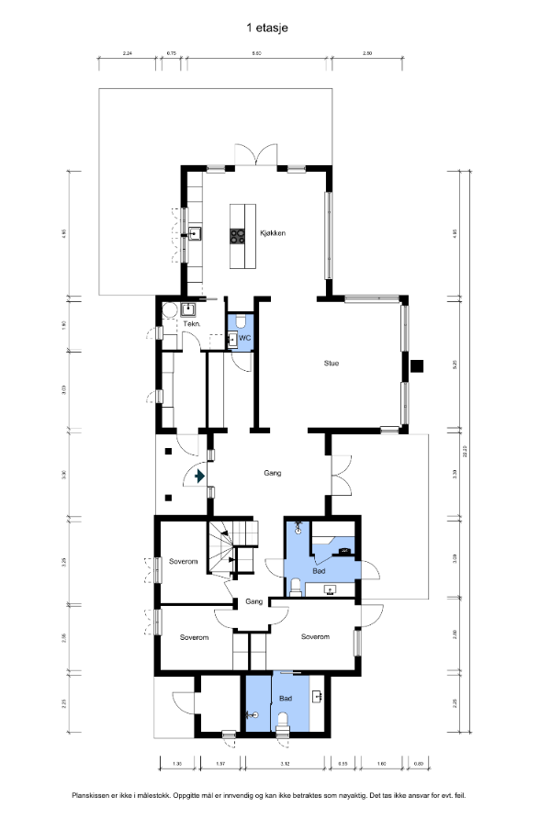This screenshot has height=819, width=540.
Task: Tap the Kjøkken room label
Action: coord(273,233)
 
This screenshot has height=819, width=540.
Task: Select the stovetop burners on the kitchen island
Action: coord(238,235)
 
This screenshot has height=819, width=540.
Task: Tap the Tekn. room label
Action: coord(191,324)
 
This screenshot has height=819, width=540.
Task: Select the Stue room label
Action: coord(332,364)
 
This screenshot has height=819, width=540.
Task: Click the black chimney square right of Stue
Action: coord(417,366)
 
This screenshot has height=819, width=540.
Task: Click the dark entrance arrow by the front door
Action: coord(200,476)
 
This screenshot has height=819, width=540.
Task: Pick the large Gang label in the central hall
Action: coord(273,474)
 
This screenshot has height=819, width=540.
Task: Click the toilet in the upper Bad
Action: coord(297,586)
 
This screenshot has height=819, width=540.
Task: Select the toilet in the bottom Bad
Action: coord(284,719)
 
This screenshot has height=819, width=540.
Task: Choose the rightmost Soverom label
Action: coord(315,636)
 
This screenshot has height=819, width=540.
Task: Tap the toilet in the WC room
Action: coord(240,322)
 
